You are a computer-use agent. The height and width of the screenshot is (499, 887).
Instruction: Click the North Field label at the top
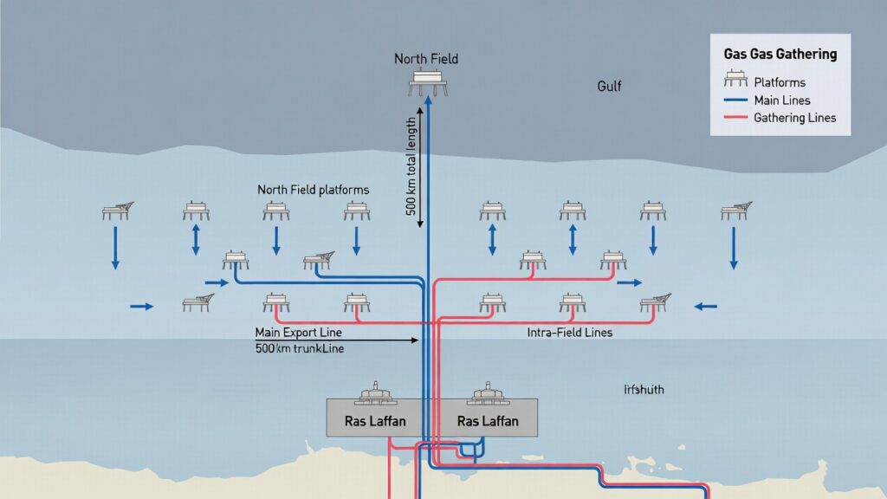coord(425,59)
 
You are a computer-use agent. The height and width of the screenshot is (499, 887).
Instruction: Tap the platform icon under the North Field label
coord(425,83)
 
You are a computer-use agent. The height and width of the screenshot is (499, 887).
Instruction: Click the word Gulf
coord(609,87)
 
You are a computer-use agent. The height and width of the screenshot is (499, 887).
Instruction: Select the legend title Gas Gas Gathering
coord(780,54)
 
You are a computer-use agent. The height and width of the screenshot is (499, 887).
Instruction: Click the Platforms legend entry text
coord(780,82)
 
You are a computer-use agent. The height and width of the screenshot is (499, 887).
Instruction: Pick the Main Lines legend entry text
coord(782,100)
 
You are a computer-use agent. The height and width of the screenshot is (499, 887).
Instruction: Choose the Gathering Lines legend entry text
coord(794,118)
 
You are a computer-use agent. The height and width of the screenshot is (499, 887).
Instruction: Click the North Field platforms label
coord(313,189)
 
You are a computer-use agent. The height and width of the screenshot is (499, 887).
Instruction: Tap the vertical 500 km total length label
coord(411,164)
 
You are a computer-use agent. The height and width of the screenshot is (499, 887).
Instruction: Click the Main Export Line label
coord(298,333)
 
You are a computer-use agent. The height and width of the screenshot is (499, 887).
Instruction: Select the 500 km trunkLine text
coord(299,348)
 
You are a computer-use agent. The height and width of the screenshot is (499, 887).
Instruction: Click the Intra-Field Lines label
coord(569,333)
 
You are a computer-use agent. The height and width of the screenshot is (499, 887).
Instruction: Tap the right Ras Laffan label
coord(488,421)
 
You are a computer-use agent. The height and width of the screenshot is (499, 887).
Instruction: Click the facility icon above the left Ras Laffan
coord(375,395)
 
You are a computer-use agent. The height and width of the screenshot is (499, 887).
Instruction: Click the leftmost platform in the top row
coord(117,210)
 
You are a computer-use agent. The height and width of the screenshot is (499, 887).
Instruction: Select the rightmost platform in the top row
coord(735,210)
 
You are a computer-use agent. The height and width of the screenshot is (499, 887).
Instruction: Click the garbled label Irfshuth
coord(644,390)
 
